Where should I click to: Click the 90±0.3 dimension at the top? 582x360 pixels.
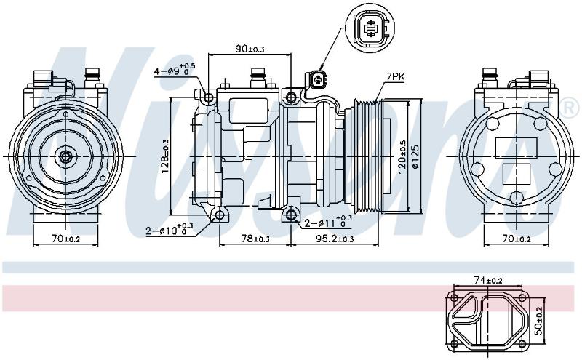click(250, 49)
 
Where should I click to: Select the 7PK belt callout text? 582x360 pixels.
click(395, 77)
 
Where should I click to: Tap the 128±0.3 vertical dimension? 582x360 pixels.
click(165, 156)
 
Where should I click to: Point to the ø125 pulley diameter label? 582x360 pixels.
click(415, 156)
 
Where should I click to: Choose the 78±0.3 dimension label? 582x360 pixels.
click(256, 239)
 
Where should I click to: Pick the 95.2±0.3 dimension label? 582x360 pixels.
click(335, 239)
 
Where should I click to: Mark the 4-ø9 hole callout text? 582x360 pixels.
click(175, 69)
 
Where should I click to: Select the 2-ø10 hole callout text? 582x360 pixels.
click(170, 229)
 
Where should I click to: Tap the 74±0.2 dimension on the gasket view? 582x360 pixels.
click(488, 281)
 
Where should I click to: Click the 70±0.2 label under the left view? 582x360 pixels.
click(65, 239)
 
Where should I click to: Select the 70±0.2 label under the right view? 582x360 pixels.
click(517, 239)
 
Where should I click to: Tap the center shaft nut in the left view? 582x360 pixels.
click(65, 156)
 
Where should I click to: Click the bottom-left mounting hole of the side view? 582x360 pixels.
click(220, 215)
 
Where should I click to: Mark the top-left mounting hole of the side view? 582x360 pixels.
click(209, 97)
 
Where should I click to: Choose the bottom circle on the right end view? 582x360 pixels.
click(517, 197)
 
